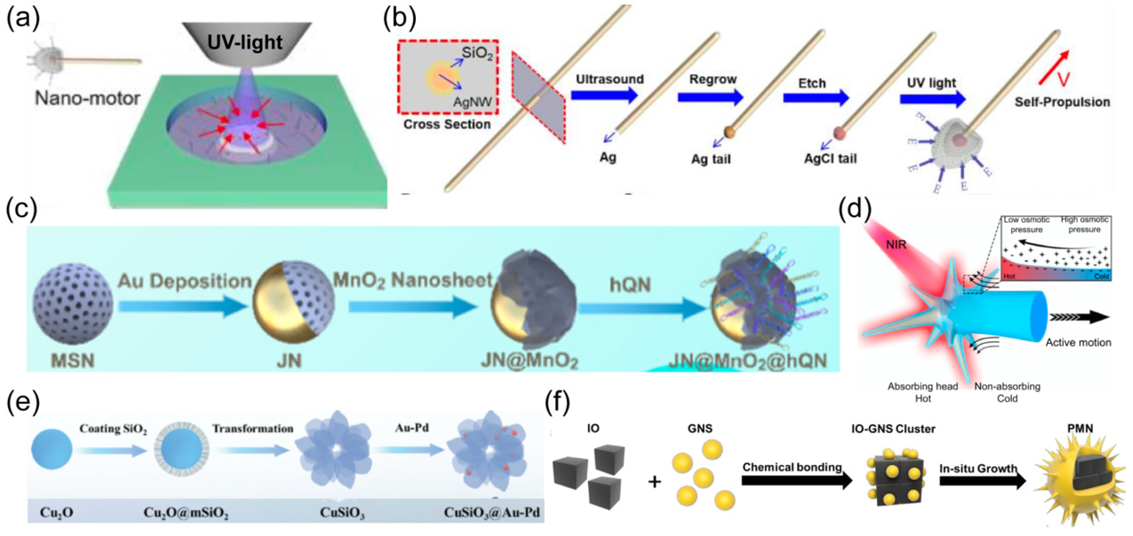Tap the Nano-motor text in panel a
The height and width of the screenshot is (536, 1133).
(87, 98)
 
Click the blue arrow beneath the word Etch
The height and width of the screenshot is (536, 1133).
(815, 97)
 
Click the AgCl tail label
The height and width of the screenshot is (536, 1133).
(830, 159)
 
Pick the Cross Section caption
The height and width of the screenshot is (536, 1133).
(447, 125)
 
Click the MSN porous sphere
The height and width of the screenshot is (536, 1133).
(73, 304)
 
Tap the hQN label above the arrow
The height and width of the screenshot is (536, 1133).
(630, 285)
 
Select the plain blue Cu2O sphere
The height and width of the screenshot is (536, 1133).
(52, 450)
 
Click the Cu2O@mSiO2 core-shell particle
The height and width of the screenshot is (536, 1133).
(182, 450)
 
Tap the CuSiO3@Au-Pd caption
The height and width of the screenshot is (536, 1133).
(491, 513)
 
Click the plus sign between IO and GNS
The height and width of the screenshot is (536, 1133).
(654, 482)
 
